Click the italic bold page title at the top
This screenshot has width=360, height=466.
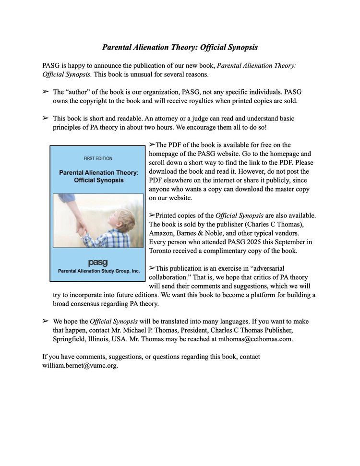pos(180,48)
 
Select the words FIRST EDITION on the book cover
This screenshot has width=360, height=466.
pos(98,158)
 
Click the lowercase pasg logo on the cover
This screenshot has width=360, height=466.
pos(98,262)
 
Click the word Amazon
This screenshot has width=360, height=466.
pos(163,233)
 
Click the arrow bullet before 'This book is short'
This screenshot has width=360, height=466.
pos(46,118)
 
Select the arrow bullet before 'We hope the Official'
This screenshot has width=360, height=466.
pos(46,321)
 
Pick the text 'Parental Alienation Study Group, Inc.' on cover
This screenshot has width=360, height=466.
pos(98,271)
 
